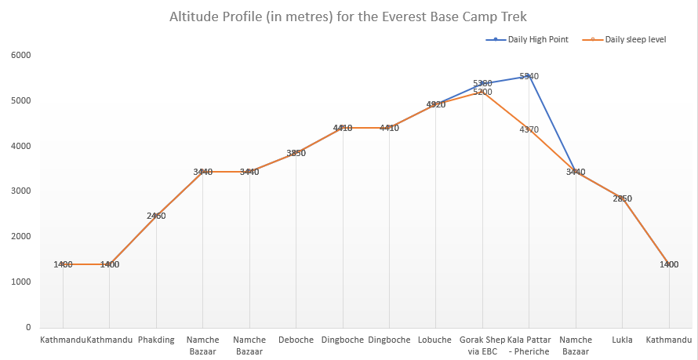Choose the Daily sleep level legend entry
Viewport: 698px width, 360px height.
tap(634, 38)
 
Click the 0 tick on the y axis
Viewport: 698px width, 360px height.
tap(27, 327)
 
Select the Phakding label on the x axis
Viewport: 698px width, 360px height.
tap(156, 340)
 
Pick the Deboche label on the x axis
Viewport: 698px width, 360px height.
tap(296, 340)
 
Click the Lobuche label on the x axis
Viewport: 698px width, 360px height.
tap(436, 340)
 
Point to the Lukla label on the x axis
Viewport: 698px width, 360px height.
tap(623, 340)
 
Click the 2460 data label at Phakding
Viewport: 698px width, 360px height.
tap(156, 216)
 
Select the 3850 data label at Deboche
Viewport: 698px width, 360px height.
tap(296, 153)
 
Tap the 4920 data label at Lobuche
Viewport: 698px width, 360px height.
tap(436, 104)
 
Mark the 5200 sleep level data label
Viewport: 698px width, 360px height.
tap(482, 92)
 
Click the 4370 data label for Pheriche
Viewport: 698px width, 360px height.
tap(529, 129)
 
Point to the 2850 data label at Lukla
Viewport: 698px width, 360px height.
tap(623, 198)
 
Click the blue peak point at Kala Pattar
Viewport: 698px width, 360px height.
tap(529, 76)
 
